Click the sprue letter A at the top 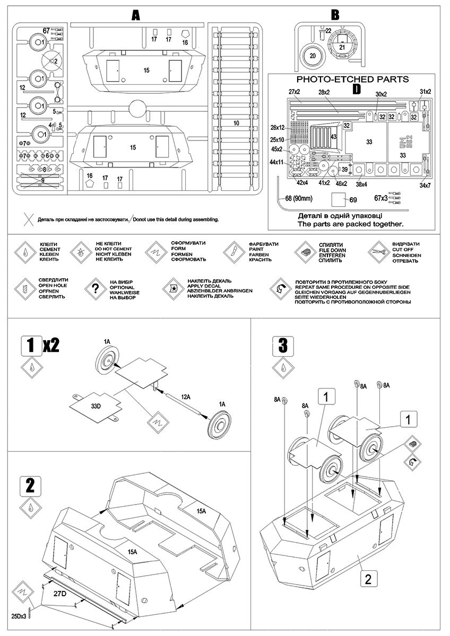pos(136,16)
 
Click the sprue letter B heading pos(335,15)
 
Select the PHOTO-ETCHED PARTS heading pos(352,79)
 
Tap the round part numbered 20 pos(313,56)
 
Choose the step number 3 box pos(283,346)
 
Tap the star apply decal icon pos(173,289)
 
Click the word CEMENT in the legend pos(50,249)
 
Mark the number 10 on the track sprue pos(236,123)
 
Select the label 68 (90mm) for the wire pos(300,199)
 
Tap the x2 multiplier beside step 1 pos(51,346)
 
